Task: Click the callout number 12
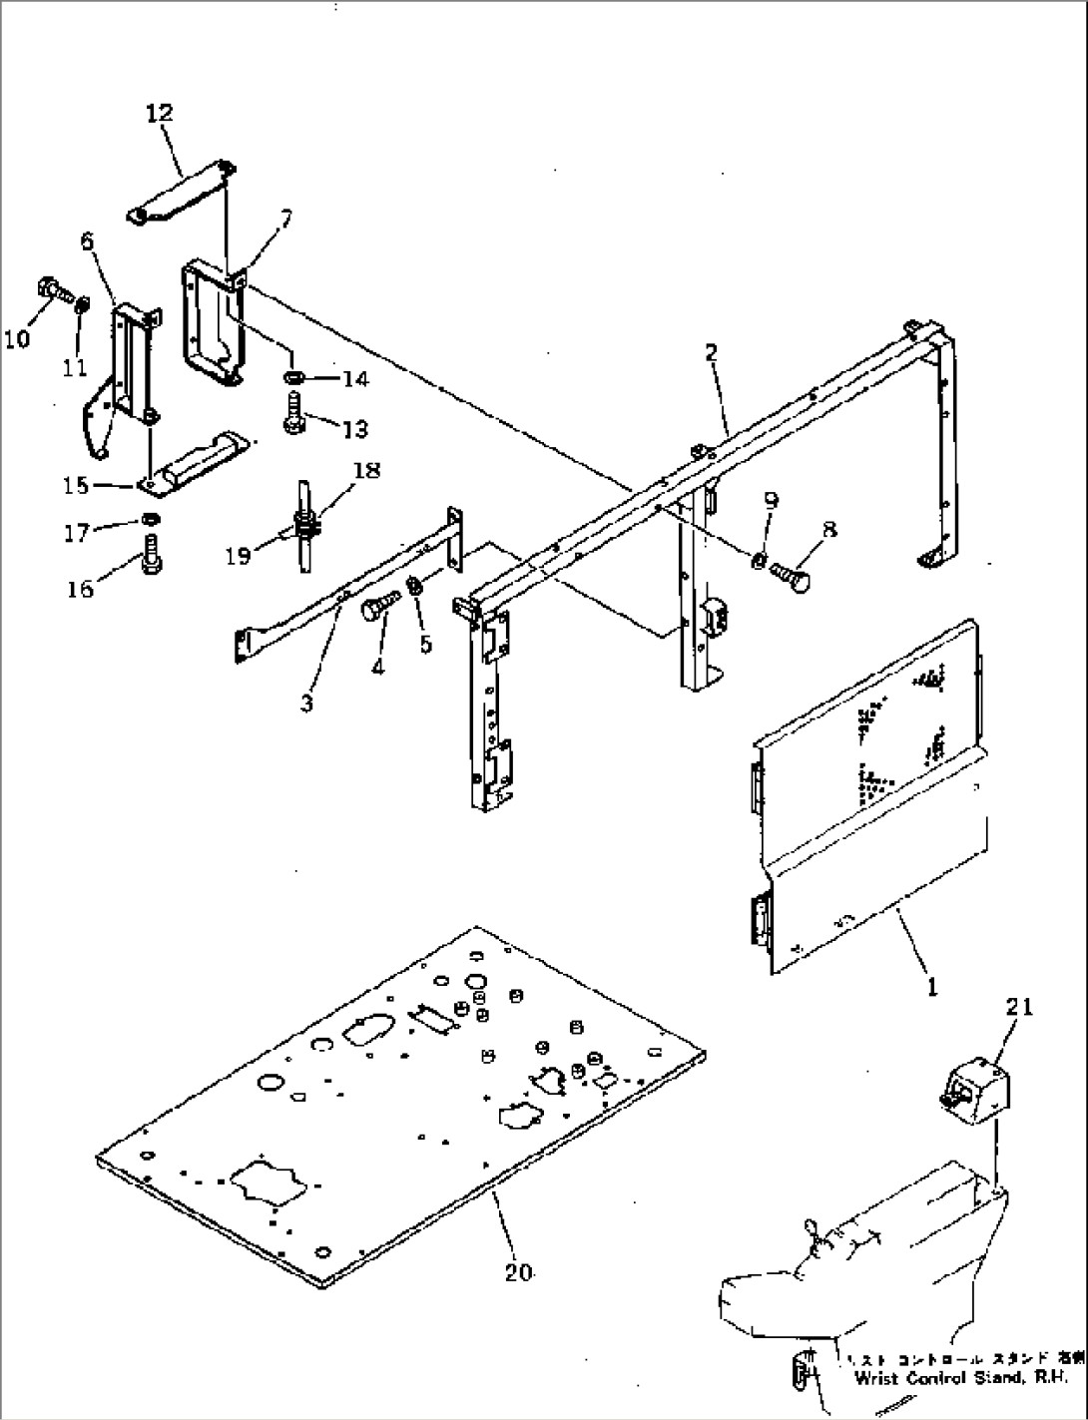159,114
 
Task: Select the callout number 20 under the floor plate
518,1271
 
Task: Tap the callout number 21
1019,1008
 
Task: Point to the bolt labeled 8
790,576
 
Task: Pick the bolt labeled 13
293,414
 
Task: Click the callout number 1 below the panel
932,988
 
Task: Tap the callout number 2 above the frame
710,353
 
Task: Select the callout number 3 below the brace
306,703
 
